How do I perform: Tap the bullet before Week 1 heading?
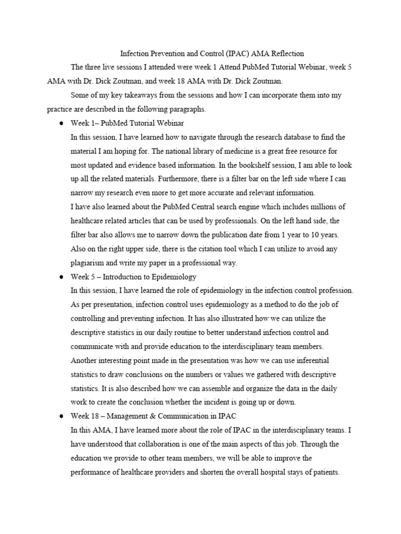click(x=61, y=124)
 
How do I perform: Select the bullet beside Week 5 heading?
click(x=61, y=277)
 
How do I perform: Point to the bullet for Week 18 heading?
click(x=61, y=416)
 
